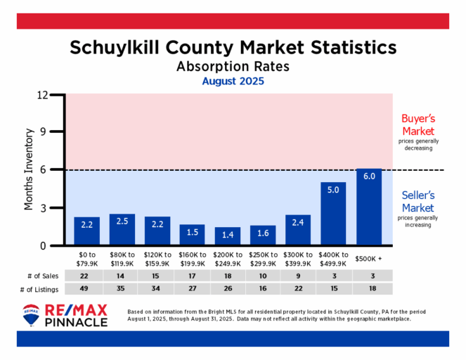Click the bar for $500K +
(369, 207)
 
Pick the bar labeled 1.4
(228, 236)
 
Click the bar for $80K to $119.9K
(122, 229)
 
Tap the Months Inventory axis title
(30, 169)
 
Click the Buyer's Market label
(418, 124)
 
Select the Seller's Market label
(418, 201)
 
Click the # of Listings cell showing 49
(87, 290)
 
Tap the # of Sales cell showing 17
(193, 276)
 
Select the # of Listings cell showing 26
(228, 290)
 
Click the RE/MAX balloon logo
(31, 316)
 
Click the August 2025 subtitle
(233, 82)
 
